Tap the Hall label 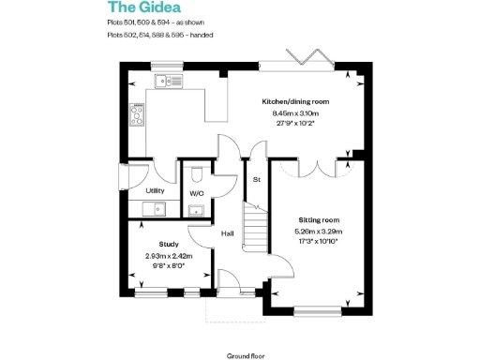point(227,233)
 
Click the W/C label point(197,193)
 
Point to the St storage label point(255,179)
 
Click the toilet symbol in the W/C point(197,174)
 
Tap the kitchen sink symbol point(172,83)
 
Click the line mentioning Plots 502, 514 point(160,35)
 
